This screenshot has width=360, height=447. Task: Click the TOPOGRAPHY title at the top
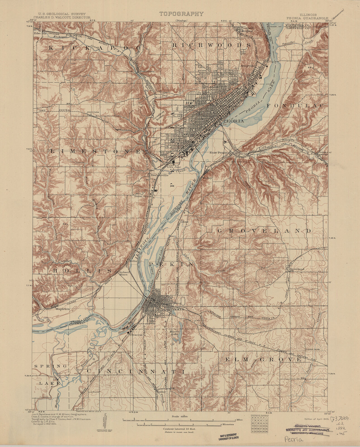tap(181, 14)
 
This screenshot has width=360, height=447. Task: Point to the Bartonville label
tap(159, 175)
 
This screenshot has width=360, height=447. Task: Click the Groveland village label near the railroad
tap(297, 269)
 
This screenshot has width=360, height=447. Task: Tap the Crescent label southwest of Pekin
tap(136, 335)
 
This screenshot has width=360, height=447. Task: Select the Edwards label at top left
tap(40, 33)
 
